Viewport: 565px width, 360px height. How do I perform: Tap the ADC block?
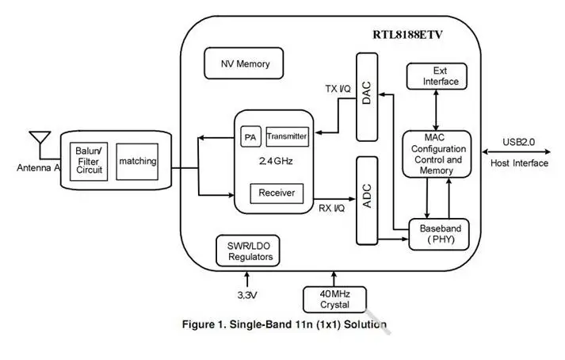coord(366,200)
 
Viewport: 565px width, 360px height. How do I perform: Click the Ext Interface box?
coord(434,76)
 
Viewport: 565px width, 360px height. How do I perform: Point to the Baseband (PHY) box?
coord(440,234)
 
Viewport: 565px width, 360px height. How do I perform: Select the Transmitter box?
coord(286,136)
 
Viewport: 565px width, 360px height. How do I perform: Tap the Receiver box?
coord(277,193)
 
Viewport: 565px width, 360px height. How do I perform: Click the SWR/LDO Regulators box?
coord(248,251)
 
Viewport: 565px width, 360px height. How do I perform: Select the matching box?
coord(137,161)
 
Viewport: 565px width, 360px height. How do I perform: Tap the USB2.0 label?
coord(519,143)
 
